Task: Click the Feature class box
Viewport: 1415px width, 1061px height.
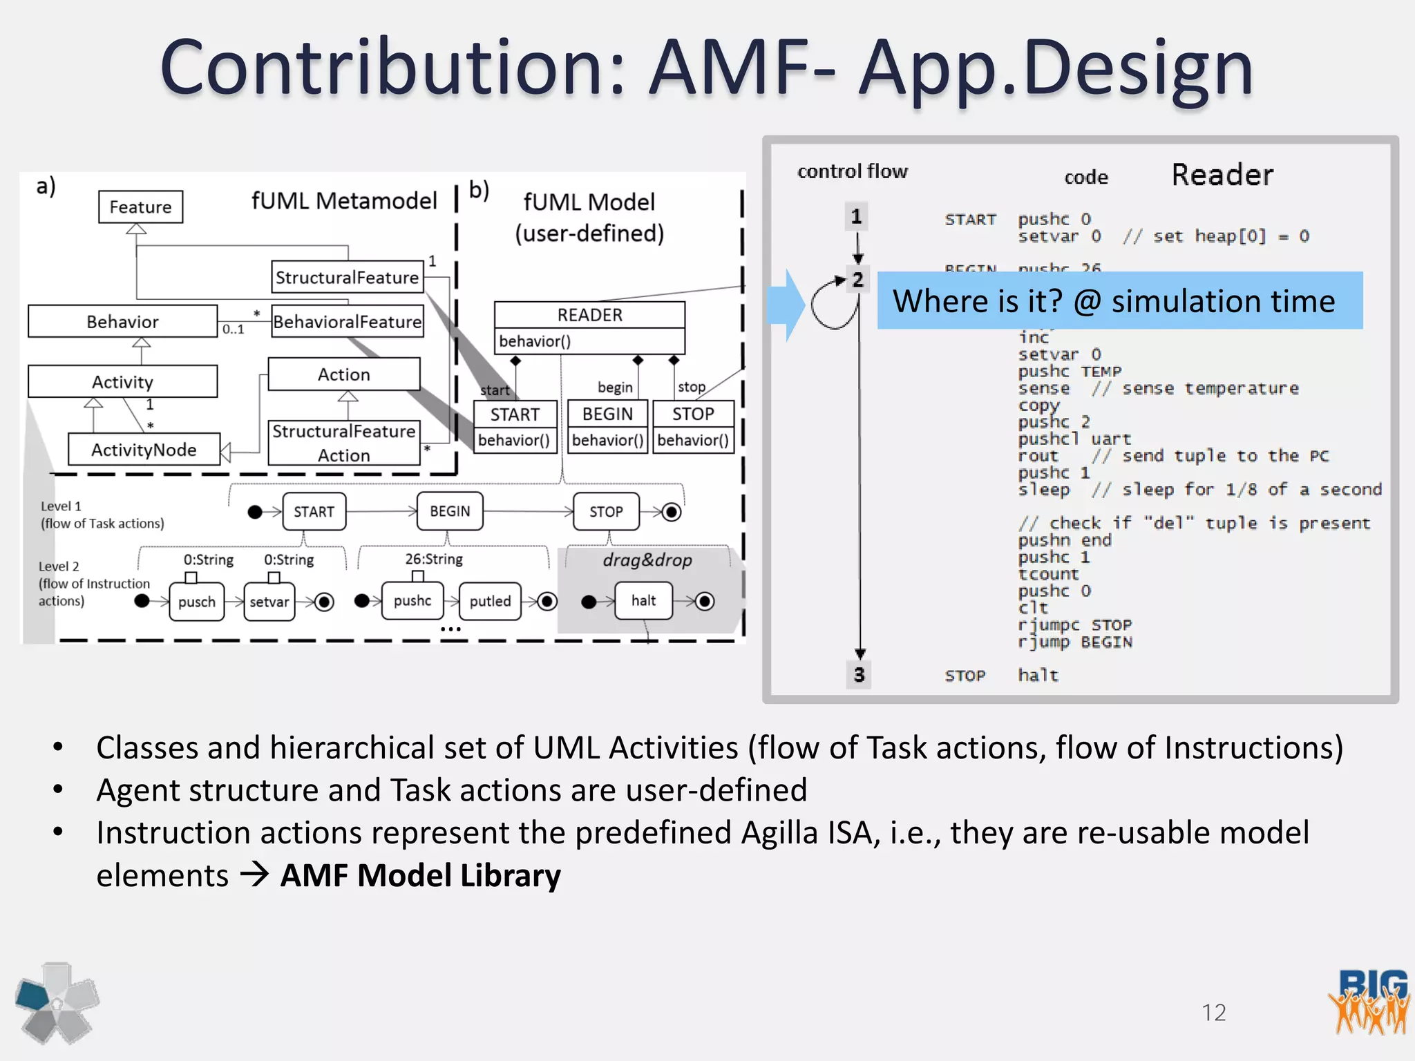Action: [140, 207]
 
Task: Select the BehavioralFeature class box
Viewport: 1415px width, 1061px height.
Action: [347, 322]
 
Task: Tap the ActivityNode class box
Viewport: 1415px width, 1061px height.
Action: [144, 450]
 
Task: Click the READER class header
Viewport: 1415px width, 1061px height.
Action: [589, 315]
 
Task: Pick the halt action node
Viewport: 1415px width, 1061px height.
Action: [643, 601]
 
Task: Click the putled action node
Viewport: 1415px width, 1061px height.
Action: [490, 601]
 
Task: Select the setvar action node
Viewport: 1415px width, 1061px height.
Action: [269, 602]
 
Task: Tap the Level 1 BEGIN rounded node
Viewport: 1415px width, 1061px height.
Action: [450, 511]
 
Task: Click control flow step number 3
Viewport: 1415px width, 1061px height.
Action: [859, 674]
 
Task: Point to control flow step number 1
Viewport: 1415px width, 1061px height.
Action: [857, 217]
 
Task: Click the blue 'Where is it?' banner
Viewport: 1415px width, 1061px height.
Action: [1119, 301]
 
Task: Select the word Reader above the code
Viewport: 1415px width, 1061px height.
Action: [1222, 175]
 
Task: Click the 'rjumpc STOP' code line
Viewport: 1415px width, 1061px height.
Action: [1074, 625]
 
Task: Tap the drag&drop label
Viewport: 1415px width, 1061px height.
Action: [647, 560]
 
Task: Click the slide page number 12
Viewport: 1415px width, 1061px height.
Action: [1213, 1013]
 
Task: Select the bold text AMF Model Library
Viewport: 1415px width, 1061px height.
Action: [420, 876]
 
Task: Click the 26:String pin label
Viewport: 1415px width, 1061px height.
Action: [434, 559]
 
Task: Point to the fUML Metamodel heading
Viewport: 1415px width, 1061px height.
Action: [344, 201]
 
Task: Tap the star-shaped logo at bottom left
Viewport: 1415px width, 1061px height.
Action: [57, 1003]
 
